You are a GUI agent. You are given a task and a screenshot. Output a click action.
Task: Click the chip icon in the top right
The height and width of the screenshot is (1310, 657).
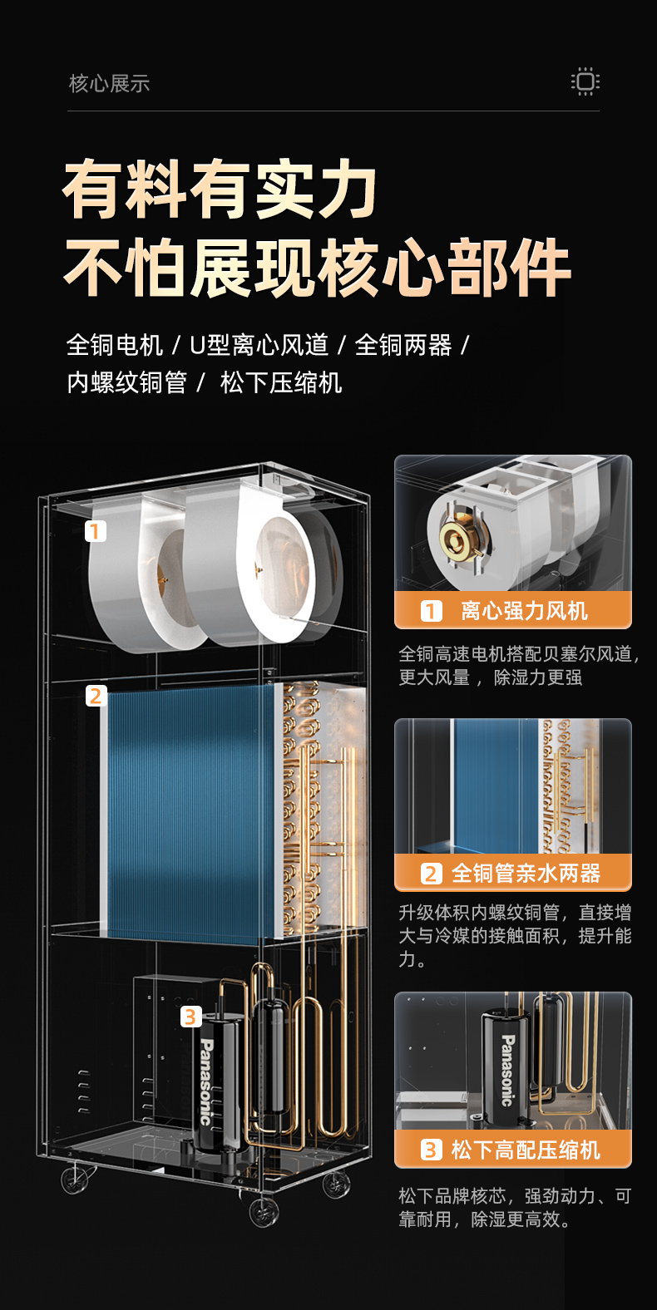(x=585, y=81)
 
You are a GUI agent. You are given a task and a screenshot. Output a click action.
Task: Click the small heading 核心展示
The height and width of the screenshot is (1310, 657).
(x=109, y=83)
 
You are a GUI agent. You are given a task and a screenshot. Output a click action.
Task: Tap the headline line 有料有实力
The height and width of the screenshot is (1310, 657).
(x=220, y=190)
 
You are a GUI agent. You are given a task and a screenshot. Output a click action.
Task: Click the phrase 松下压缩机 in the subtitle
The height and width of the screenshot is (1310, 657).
(x=281, y=382)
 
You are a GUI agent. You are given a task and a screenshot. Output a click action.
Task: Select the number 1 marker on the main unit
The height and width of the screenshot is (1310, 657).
(x=96, y=530)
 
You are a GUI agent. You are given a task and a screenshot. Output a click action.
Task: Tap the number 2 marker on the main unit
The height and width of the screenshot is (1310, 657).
(x=96, y=696)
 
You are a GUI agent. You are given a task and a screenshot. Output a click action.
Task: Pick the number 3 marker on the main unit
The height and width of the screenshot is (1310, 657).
(x=191, y=1016)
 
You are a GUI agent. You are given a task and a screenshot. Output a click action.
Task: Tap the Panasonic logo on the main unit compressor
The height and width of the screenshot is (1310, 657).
(x=206, y=1081)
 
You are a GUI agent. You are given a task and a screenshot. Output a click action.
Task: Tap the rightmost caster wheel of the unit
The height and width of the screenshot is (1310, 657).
(x=337, y=1184)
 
